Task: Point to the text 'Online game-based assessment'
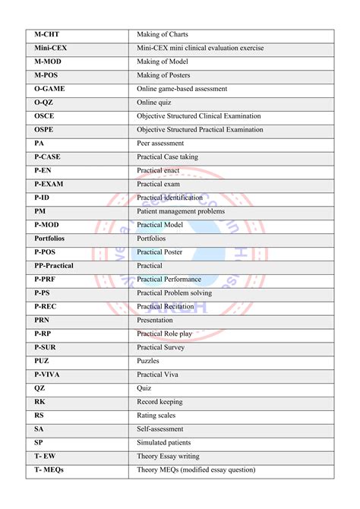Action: pos(182,89)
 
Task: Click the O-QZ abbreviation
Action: pos(45,103)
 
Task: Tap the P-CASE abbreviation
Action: pos(47,156)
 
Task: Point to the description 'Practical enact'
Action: pos(158,170)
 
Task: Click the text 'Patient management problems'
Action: pos(181,211)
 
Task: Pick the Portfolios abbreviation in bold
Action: pos(52,239)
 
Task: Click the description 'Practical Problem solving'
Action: pos(174,293)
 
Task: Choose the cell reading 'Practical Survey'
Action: pos(160,347)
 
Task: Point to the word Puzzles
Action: pos(147,361)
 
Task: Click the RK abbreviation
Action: pos(39,402)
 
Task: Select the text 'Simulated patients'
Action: pos(164,443)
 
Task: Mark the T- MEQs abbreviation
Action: pos(49,470)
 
